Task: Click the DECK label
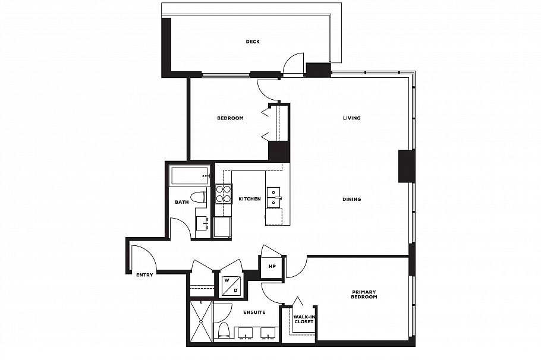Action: pyautogui.click(x=253, y=42)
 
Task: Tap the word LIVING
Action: pyautogui.click(x=351, y=118)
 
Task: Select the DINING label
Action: pyautogui.click(x=351, y=199)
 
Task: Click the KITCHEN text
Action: pyautogui.click(x=250, y=199)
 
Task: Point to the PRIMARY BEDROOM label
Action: pyautogui.click(x=364, y=294)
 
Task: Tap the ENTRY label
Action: pyautogui.click(x=144, y=275)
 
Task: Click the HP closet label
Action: pyautogui.click(x=272, y=267)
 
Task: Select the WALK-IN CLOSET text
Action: pyautogui.click(x=303, y=320)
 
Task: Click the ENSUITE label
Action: pyautogui.click(x=254, y=312)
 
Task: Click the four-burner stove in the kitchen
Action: pyautogui.click(x=224, y=194)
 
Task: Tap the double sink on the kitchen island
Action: pyautogui.click(x=273, y=197)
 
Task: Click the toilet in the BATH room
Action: pyautogui.click(x=198, y=197)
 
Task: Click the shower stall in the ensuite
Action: pyautogui.click(x=201, y=321)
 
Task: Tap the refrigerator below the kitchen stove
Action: pyautogui.click(x=222, y=227)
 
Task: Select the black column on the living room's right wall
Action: pyautogui.click(x=407, y=166)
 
